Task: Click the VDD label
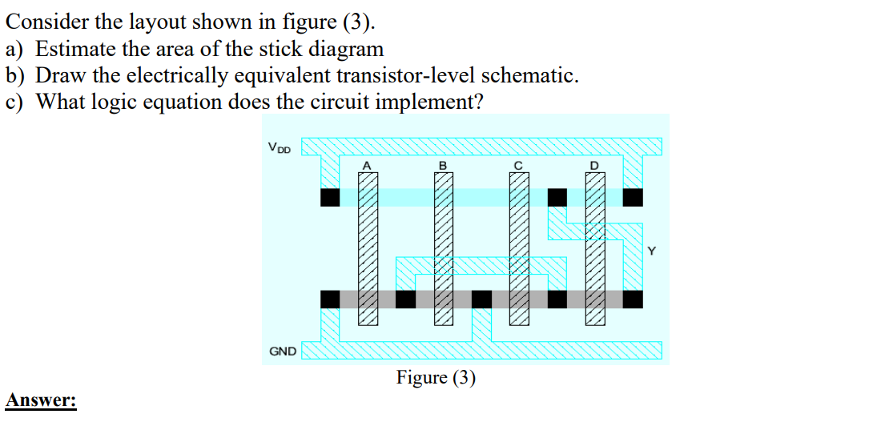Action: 279,147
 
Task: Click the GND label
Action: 282,351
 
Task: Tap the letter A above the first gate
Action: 367,166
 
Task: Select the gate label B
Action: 442,166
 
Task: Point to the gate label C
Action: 518,166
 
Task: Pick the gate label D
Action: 594,166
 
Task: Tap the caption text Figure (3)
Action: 436,378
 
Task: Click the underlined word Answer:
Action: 40,400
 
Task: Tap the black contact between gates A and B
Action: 405,299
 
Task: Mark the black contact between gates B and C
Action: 481,299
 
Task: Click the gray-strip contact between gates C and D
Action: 557,299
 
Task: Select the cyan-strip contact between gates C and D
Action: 557,197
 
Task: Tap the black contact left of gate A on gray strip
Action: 330,299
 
